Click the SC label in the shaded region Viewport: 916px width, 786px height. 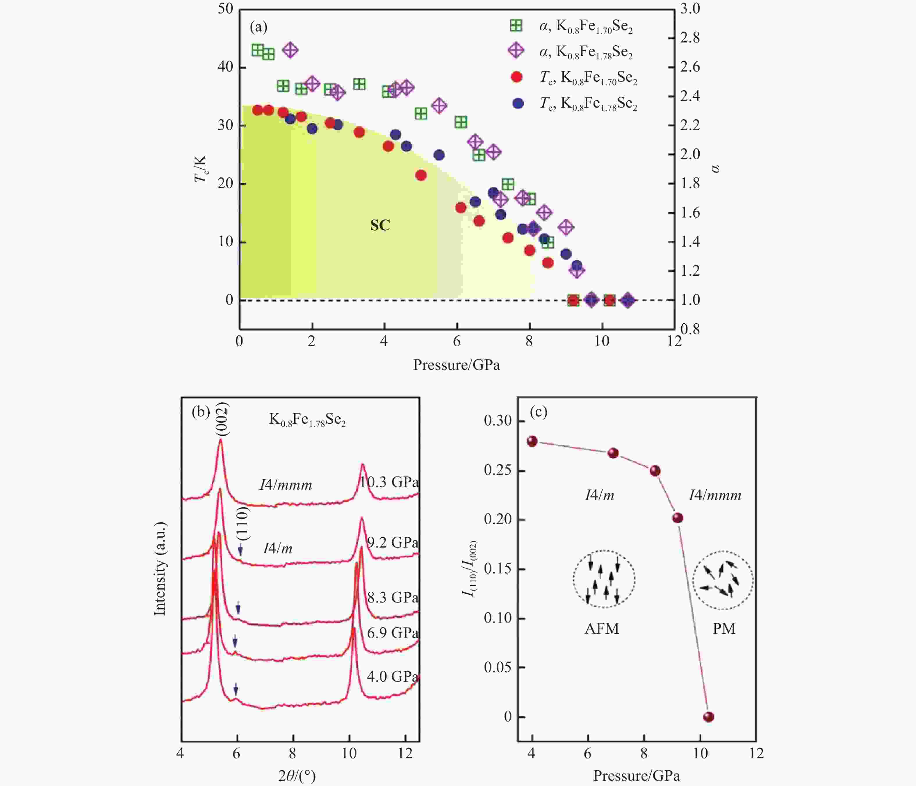(380, 225)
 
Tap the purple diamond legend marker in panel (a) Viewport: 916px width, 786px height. (516, 51)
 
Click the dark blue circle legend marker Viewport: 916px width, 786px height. (518, 104)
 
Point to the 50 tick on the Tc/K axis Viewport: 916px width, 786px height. (225, 9)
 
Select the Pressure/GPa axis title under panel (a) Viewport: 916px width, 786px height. (456, 365)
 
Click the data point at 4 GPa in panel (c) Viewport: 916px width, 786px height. (532, 441)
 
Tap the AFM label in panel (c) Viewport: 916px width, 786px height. (602, 629)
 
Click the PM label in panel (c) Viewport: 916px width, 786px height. (724, 629)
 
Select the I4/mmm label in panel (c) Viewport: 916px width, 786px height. (715, 496)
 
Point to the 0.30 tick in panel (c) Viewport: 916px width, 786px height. (498, 420)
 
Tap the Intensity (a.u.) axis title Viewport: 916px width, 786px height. (160, 569)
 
